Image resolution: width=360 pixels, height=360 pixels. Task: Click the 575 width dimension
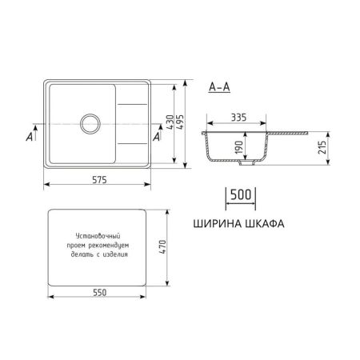98,178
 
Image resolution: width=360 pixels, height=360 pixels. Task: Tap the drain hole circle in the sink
88,124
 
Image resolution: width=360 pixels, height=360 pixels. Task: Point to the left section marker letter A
29,138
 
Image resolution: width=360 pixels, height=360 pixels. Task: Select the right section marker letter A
158,138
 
